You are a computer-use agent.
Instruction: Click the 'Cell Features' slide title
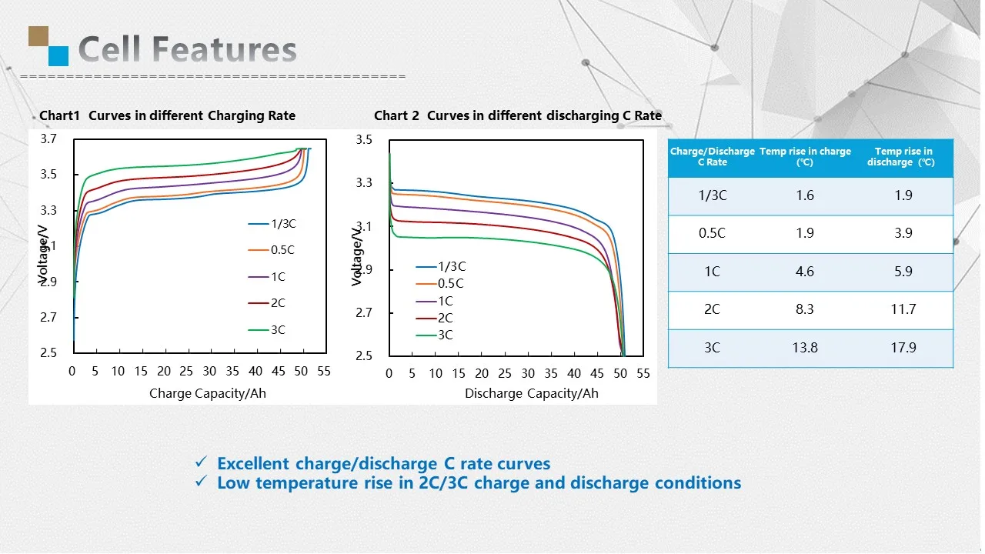coord(187,49)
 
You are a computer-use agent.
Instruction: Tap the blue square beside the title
coord(58,55)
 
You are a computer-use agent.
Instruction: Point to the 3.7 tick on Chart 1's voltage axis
coord(48,138)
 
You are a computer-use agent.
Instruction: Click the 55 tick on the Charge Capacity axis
coord(324,371)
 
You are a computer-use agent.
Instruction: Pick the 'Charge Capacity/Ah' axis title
coord(208,393)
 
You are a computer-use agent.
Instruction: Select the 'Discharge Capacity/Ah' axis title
coord(531,393)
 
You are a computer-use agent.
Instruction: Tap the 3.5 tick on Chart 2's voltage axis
coord(364,140)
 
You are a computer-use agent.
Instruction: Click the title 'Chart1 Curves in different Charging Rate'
coord(167,115)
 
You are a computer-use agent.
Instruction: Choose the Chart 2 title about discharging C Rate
coord(517,115)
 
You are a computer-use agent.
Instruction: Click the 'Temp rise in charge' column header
coord(805,156)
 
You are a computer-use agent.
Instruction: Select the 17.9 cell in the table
coord(903,347)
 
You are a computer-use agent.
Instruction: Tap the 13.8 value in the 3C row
coord(804,347)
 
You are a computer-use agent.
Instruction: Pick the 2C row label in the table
coord(712,309)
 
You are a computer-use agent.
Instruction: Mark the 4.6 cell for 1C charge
coord(804,272)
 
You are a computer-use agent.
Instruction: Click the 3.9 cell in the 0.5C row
coord(903,233)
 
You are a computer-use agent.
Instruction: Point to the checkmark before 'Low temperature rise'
coord(200,482)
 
